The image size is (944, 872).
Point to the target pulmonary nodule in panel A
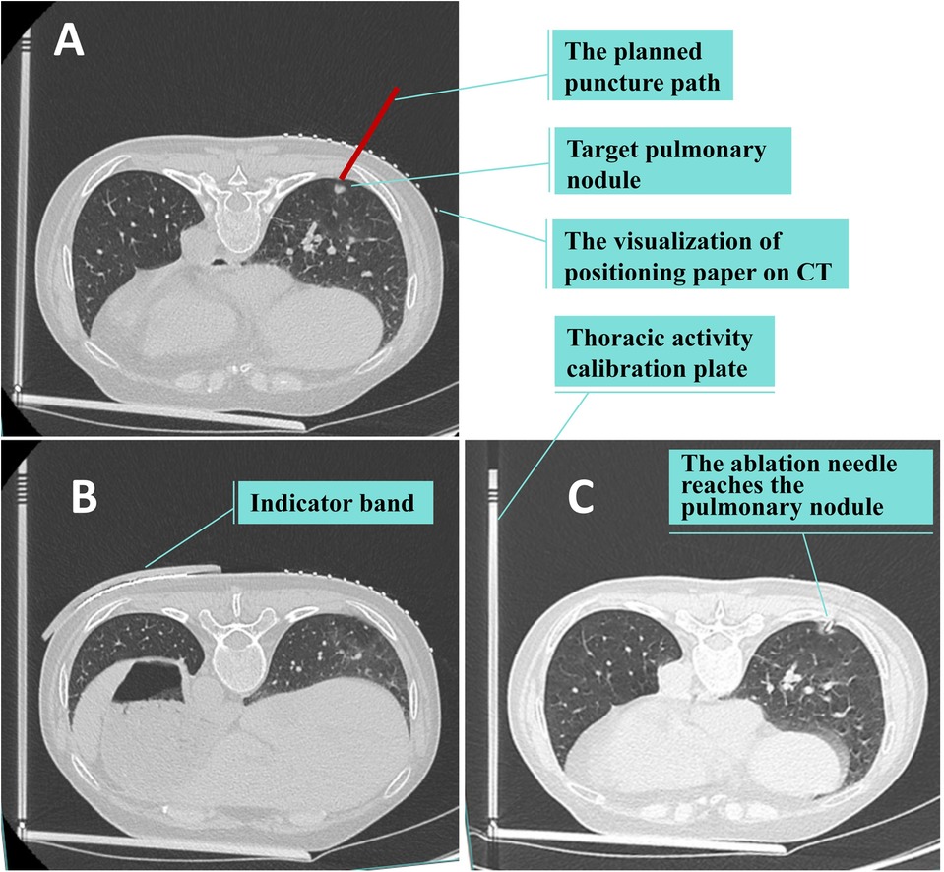pos(340,183)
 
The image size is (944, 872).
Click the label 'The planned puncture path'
pos(642,67)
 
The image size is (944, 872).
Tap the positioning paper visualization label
pos(698,255)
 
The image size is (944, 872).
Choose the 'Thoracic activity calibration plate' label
pos(659,353)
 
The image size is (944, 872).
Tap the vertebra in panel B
pos(232,640)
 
